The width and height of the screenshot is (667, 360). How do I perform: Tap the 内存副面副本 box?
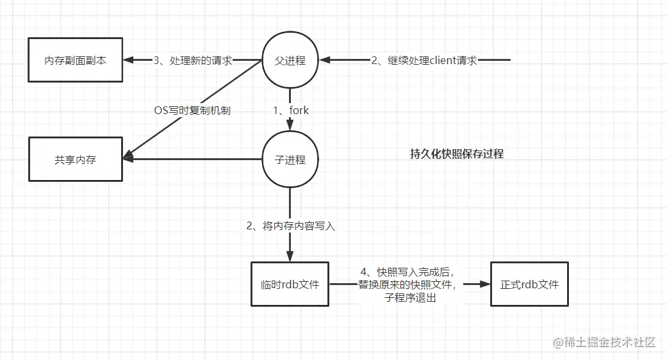click(75, 60)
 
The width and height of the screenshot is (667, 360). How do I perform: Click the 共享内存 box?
click(75, 160)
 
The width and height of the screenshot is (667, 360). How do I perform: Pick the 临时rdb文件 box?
click(290, 283)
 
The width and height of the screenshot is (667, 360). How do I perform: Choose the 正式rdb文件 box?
click(529, 283)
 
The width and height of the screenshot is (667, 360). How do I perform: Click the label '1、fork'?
click(291, 110)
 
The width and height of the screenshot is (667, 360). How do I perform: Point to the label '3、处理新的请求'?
click(192, 60)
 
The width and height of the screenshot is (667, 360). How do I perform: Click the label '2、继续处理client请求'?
click(424, 60)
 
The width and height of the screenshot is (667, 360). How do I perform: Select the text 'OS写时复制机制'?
click(192, 110)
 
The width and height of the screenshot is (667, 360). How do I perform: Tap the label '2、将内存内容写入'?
click(290, 225)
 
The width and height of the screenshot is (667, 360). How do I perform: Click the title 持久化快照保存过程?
click(456, 154)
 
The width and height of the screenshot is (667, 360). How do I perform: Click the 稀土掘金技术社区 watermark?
click(605, 342)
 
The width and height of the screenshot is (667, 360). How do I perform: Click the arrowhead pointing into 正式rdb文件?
click(485, 283)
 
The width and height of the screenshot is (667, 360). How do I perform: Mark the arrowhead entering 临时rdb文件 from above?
click(290, 257)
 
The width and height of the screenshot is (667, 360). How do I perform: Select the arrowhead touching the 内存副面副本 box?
click(128, 60)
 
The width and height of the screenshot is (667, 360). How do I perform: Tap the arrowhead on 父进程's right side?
click(325, 60)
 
